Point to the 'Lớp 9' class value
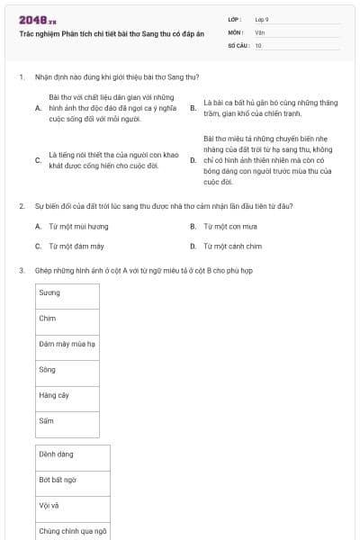(x=261, y=18)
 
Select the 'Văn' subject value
(x=259, y=31)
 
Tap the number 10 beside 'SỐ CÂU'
(x=258, y=44)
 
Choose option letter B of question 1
(x=193, y=108)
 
